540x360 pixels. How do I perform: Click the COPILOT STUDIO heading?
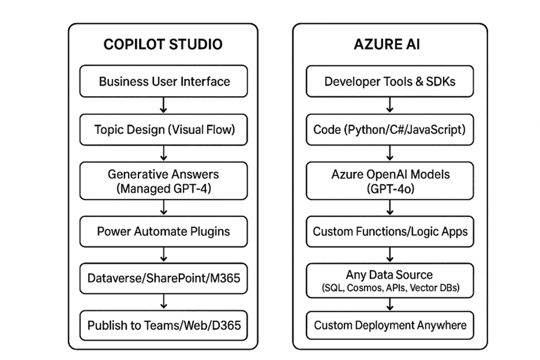(163, 44)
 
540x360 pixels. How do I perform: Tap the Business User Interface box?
(164, 81)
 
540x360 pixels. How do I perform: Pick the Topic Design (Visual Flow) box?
(164, 130)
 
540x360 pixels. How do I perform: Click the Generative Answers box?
(164, 181)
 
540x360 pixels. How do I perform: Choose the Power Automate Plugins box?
(164, 231)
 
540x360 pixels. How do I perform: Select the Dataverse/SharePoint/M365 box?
(164, 277)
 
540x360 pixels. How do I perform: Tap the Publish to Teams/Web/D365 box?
(164, 325)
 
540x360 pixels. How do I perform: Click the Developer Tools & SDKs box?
(389, 81)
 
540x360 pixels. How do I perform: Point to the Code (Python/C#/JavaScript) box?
(389, 130)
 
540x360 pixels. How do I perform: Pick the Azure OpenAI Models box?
(389, 181)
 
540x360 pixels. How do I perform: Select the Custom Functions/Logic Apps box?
(389, 231)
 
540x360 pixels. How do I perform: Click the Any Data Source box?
(389, 281)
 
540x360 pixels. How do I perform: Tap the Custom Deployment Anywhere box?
(389, 325)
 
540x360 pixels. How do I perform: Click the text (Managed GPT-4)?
(164, 188)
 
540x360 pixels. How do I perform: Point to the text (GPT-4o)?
(389, 188)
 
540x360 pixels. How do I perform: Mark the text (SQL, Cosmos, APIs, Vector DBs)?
(389, 288)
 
